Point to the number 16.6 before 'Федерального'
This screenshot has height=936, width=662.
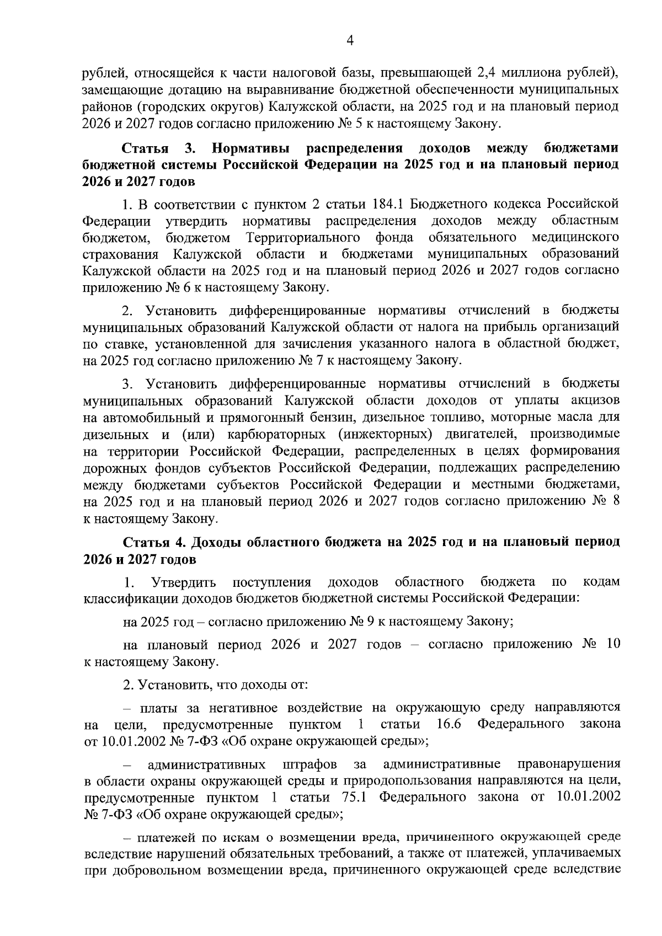(449, 724)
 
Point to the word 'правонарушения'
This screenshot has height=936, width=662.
(569, 764)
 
